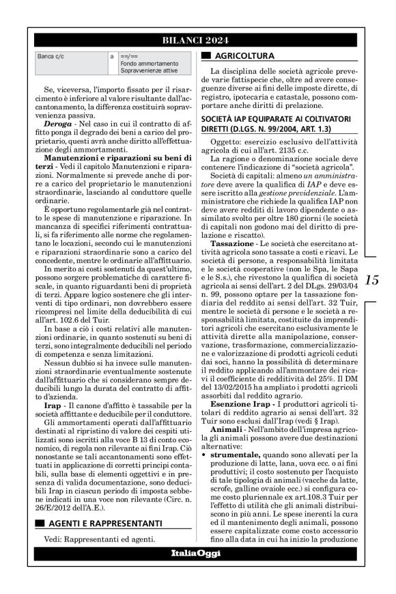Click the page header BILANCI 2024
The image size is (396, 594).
pos(197,40)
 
